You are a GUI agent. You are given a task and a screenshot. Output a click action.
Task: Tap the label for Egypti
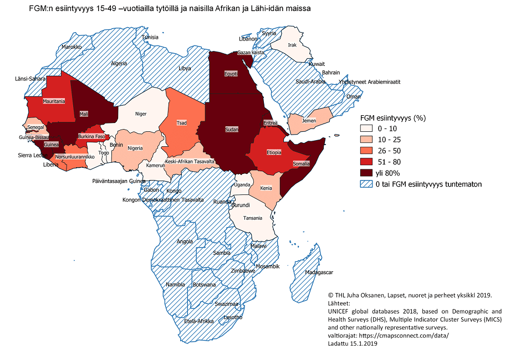[231, 74]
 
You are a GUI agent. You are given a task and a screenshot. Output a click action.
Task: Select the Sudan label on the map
[231, 129]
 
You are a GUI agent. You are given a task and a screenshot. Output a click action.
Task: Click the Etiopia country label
[273, 152]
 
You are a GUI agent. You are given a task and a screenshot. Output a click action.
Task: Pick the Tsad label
[181, 122]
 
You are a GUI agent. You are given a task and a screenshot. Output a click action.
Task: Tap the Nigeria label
[135, 148]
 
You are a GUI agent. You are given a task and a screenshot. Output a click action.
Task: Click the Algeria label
[119, 64]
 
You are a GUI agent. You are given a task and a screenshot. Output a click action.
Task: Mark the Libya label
[185, 68]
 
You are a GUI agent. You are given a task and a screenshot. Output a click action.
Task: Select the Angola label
[185, 241]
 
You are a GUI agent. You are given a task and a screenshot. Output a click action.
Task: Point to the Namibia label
[175, 284]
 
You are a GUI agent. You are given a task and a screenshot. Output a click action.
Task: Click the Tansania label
[252, 218]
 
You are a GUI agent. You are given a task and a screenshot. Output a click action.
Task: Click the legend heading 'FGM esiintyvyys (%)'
[392, 118]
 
